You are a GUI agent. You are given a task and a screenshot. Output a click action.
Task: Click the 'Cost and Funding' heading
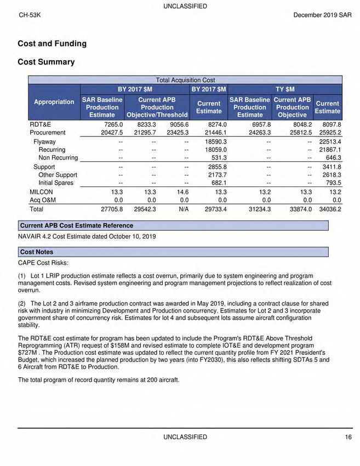point(52,43)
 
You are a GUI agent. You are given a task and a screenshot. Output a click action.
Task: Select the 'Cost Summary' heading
point(46,62)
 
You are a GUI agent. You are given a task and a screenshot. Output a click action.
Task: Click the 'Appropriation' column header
point(54,101)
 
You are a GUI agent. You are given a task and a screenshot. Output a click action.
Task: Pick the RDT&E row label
point(40,124)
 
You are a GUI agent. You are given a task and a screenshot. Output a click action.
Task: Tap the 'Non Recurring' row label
point(58,157)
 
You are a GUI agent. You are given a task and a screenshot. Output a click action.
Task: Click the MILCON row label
point(41,192)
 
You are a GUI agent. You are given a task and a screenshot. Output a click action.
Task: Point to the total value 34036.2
point(330,209)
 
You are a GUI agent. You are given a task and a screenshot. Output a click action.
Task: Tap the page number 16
point(348,437)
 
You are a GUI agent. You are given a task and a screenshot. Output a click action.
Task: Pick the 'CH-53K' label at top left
point(30,15)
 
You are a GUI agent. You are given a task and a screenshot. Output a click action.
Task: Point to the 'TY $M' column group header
point(285,88)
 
